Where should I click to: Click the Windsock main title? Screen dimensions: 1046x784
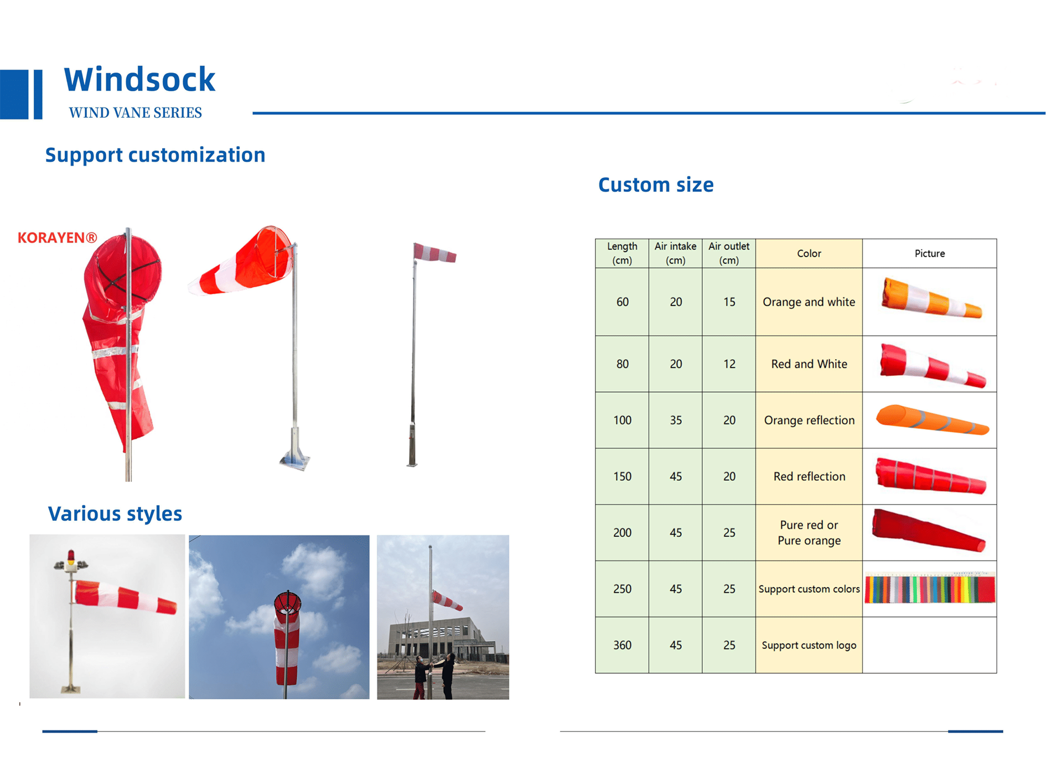pyautogui.click(x=139, y=79)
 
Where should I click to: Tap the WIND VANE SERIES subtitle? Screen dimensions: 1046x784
pyautogui.click(x=135, y=113)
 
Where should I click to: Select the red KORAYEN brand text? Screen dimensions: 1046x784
pyautogui.click(x=58, y=238)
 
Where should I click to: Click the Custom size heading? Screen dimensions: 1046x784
pyautogui.click(x=656, y=185)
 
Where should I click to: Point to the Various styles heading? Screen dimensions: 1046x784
pyautogui.click(x=115, y=513)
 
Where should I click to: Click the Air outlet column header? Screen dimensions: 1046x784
pyautogui.click(x=729, y=253)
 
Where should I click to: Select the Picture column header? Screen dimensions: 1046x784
pyautogui.click(x=930, y=253)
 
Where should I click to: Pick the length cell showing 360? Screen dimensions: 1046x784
pyautogui.click(x=622, y=645)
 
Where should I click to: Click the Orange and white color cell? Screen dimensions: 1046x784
pyautogui.click(x=809, y=302)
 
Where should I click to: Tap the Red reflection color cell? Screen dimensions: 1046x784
pyautogui.click(x=809, y=476)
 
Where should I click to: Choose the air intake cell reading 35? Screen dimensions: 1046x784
pyautogui.click(x=676, y=420)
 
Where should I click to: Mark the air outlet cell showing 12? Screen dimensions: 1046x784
pyautogui.click(x=729, y=364)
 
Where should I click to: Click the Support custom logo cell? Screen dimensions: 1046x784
pyautogui.click(x=809, y=645)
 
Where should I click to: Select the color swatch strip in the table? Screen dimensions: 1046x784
pyautogui.click(x=930, y=589)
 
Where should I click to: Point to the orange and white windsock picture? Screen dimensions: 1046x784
pyautogui.click(x=931, y=298)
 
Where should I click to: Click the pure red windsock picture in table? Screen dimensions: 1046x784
pyautogui.click(x=929, y=530)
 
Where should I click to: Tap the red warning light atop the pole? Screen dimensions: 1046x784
pyautogui.click(x=70, y=555)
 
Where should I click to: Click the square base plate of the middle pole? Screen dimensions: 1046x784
pyautogui.click(x=294, y=461)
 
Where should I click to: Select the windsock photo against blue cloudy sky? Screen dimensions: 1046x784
pyautogui.click(x=279, y=617)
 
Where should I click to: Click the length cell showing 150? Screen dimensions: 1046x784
pyautogui.click(x=622, y=476)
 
